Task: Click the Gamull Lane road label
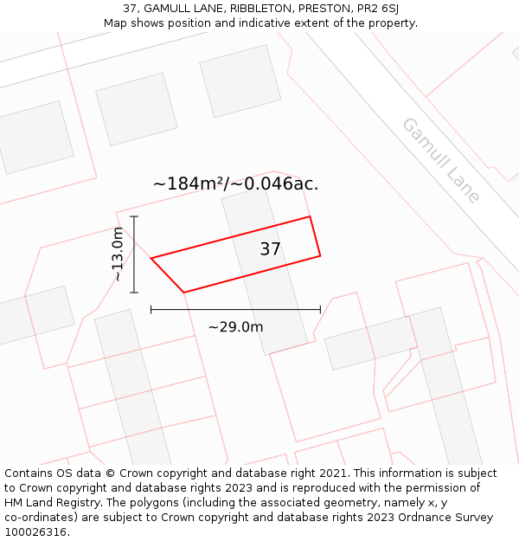tap(440, 160)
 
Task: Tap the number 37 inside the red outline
tap(270, 249)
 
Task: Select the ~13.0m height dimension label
tap(118, 254)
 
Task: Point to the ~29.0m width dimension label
tap(235, 327)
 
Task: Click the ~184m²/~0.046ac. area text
tap(235, 184)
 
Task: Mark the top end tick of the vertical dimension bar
tap(134, 216)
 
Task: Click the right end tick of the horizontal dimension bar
tap(320, 309)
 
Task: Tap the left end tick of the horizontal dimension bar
tap(151, 309)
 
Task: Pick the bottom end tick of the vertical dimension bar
tap(134, 293)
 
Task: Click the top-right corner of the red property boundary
tap(310, 216)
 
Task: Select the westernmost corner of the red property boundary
tap(151, 258)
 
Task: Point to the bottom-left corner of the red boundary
tap(184, 293)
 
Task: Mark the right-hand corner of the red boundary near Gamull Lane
tap(320, 255)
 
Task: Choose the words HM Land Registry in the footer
tap(46, 503)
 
